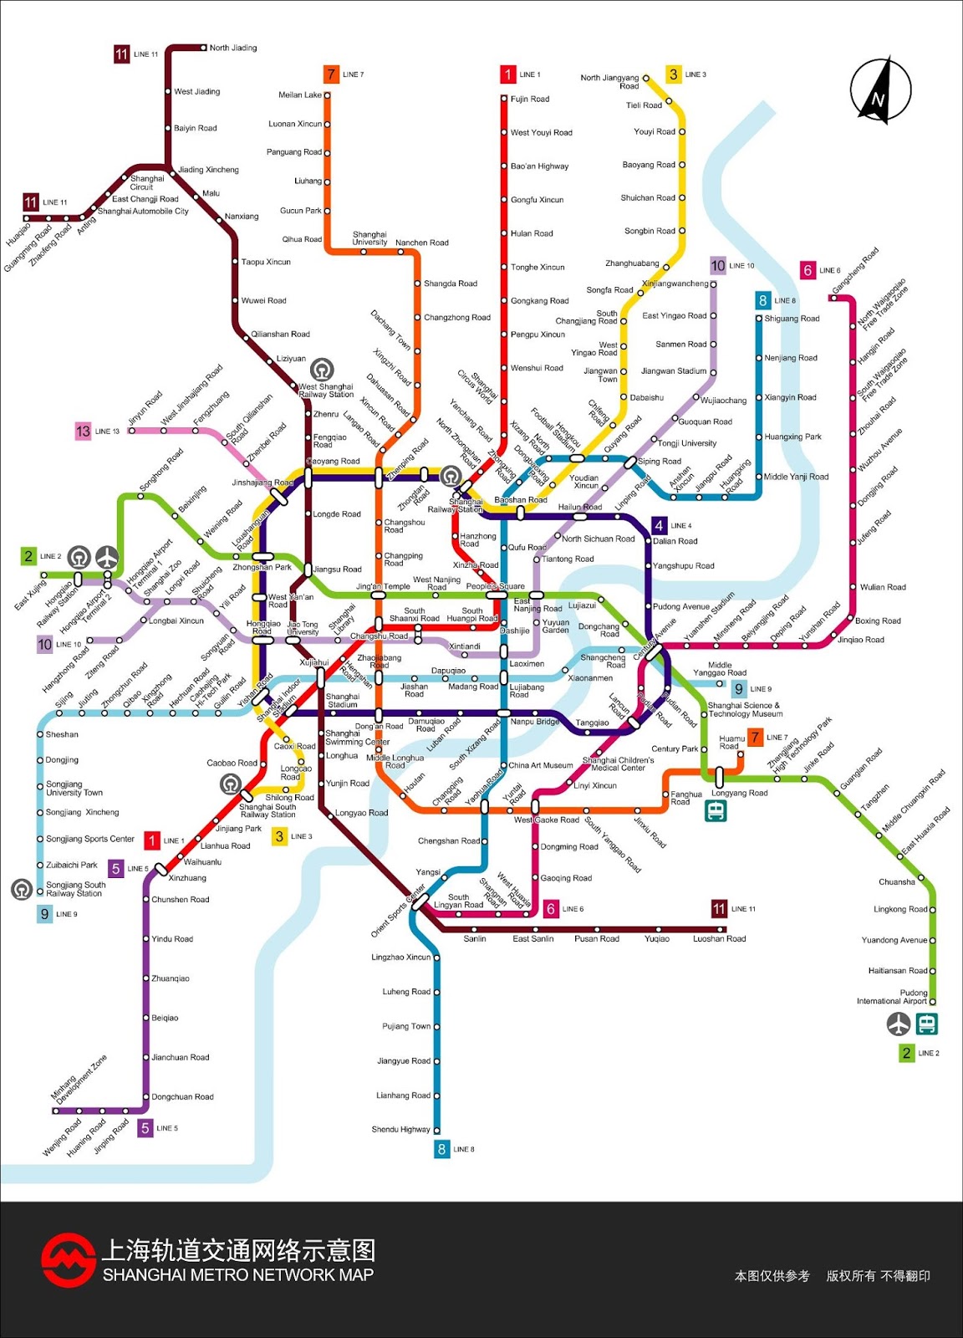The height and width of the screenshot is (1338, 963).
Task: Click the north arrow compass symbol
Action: pos(880,89)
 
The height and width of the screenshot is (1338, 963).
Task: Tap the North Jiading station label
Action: pos(233,48)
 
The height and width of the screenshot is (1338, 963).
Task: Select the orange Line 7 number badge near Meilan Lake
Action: pos(331,74)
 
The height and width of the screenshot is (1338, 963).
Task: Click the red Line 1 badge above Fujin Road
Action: pos(507,74)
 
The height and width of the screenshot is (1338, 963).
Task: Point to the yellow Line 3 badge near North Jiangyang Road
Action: pos(674,74)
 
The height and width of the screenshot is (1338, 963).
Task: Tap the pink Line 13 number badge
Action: pos(83,432)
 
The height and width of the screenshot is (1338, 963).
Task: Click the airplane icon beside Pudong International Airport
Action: pos(899,1023)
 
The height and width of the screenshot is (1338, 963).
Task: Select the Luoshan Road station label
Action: pos(719,939)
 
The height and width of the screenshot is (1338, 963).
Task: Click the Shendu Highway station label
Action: pos(400,1130)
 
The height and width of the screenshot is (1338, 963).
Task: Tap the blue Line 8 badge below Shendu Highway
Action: pos(441,1149)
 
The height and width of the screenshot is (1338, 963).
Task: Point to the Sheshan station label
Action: pos(62,734)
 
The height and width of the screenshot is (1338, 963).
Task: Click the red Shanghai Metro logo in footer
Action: pos(69,1260)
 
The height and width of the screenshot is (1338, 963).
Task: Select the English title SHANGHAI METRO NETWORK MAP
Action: pos(238,1275)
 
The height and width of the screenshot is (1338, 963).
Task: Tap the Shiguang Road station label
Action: pos(792,319)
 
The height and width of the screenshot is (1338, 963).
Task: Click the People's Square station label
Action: pos(496,586)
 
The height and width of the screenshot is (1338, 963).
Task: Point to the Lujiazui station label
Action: pos(582,605)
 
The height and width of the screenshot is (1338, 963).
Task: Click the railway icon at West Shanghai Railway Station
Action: pos(322,369)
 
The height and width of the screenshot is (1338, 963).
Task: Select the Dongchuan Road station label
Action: pos(182,1097)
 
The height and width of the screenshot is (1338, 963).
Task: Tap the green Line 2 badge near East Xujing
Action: pos(29,556)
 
